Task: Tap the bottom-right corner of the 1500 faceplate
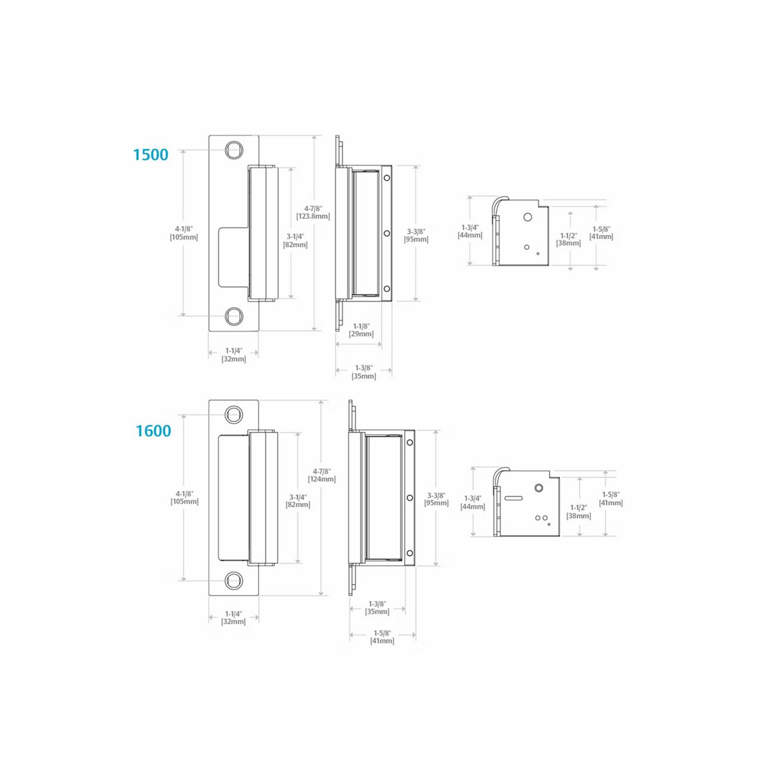pyautogui.click(x=259, y=331)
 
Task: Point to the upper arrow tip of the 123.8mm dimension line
pyautogui.click(x=315, y=136)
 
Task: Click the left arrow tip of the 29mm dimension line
pyautogui.click(x=336, y=344)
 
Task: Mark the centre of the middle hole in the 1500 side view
pyautogui.click(x=386, y=233)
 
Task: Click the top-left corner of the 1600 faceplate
pyautogui.click(x=209, y=400)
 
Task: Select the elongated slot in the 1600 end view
pyautogui.click(x=514, y=497)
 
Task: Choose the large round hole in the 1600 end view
pyautogui.click(x=538, y=488)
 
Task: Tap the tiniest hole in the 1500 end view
pyautogui.click(x=538, y=253)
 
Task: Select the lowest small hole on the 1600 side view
pyautogui.click(x=410, y=553)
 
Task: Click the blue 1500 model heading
pyautogui.click(x=151, y=154)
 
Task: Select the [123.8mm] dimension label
pyautogui.click(x=313, y=216)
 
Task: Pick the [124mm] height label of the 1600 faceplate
pyautogui.click(x=321, y=479)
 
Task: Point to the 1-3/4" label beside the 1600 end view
pyautogui.click(x=473, y=498)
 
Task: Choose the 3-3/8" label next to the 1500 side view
pyautogui.click(x=416, y=232)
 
